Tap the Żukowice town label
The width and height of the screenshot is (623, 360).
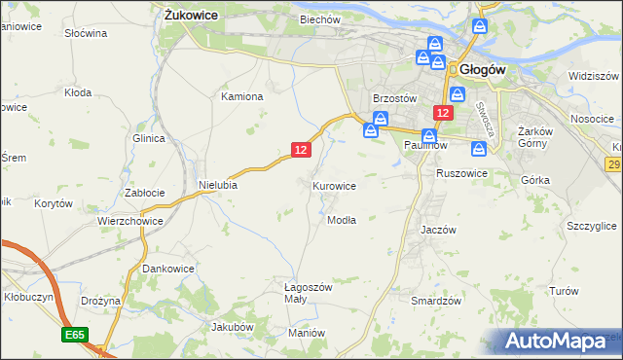pyautogui.click(x=191, y=16)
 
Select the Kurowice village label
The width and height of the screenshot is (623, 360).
pyautogui.click(x=334, y=185)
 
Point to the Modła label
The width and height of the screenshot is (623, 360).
pyautogui.click(x=342, y=220)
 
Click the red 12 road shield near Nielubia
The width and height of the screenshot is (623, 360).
pyautogui.click(x=301, y=149)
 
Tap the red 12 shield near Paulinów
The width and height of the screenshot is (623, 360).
pyautogui.click(x=443, y=114)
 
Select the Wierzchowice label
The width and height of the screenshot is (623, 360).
pyautogui.click(x=129, y=221)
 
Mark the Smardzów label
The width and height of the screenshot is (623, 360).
pyautogui.click(x=435, y=302)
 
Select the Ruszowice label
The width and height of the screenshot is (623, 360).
pyautogui.click(x=462, y=173)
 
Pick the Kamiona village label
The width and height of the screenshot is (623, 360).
pyautogui.click(x=242, y=97)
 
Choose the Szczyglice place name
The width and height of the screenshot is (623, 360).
pyautogui.click(x=591, y=226)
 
